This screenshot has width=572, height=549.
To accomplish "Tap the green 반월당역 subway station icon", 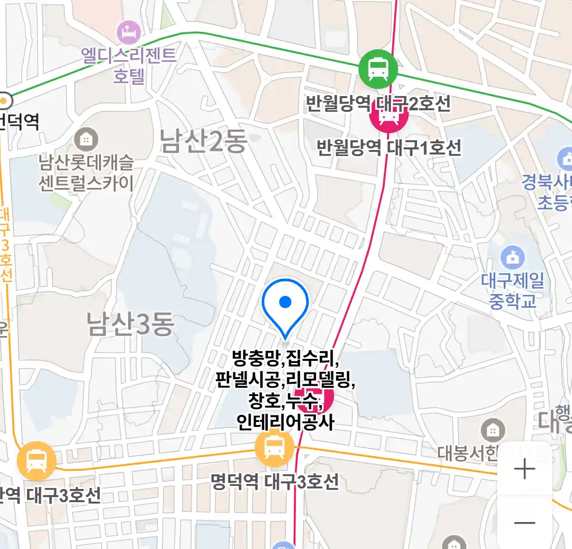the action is [378, 69].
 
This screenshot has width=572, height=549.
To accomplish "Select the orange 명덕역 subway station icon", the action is [275, 448].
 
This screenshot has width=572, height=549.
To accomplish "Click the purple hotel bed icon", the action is [129, 33].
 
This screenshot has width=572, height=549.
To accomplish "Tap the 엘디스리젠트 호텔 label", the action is [129, 65].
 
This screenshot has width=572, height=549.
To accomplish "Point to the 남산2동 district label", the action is [203, 141].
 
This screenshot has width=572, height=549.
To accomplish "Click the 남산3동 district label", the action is [130, 324].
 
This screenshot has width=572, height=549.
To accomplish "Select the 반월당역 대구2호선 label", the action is [378, 104].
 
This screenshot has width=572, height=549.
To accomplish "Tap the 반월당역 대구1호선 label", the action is [389, 147].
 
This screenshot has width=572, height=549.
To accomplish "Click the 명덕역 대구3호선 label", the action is [275, 481].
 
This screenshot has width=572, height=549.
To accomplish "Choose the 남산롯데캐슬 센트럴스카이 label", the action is [86, 173].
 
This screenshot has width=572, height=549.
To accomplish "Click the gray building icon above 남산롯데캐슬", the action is [86, 138].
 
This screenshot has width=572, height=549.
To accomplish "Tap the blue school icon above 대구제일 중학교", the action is [513, 258].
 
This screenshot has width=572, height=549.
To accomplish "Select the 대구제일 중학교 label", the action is [513, 290].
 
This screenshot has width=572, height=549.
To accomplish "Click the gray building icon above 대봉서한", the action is [492, 431].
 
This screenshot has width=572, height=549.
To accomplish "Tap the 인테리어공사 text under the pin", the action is [285, 422].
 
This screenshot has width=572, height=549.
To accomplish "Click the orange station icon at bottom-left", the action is [36, 461].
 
